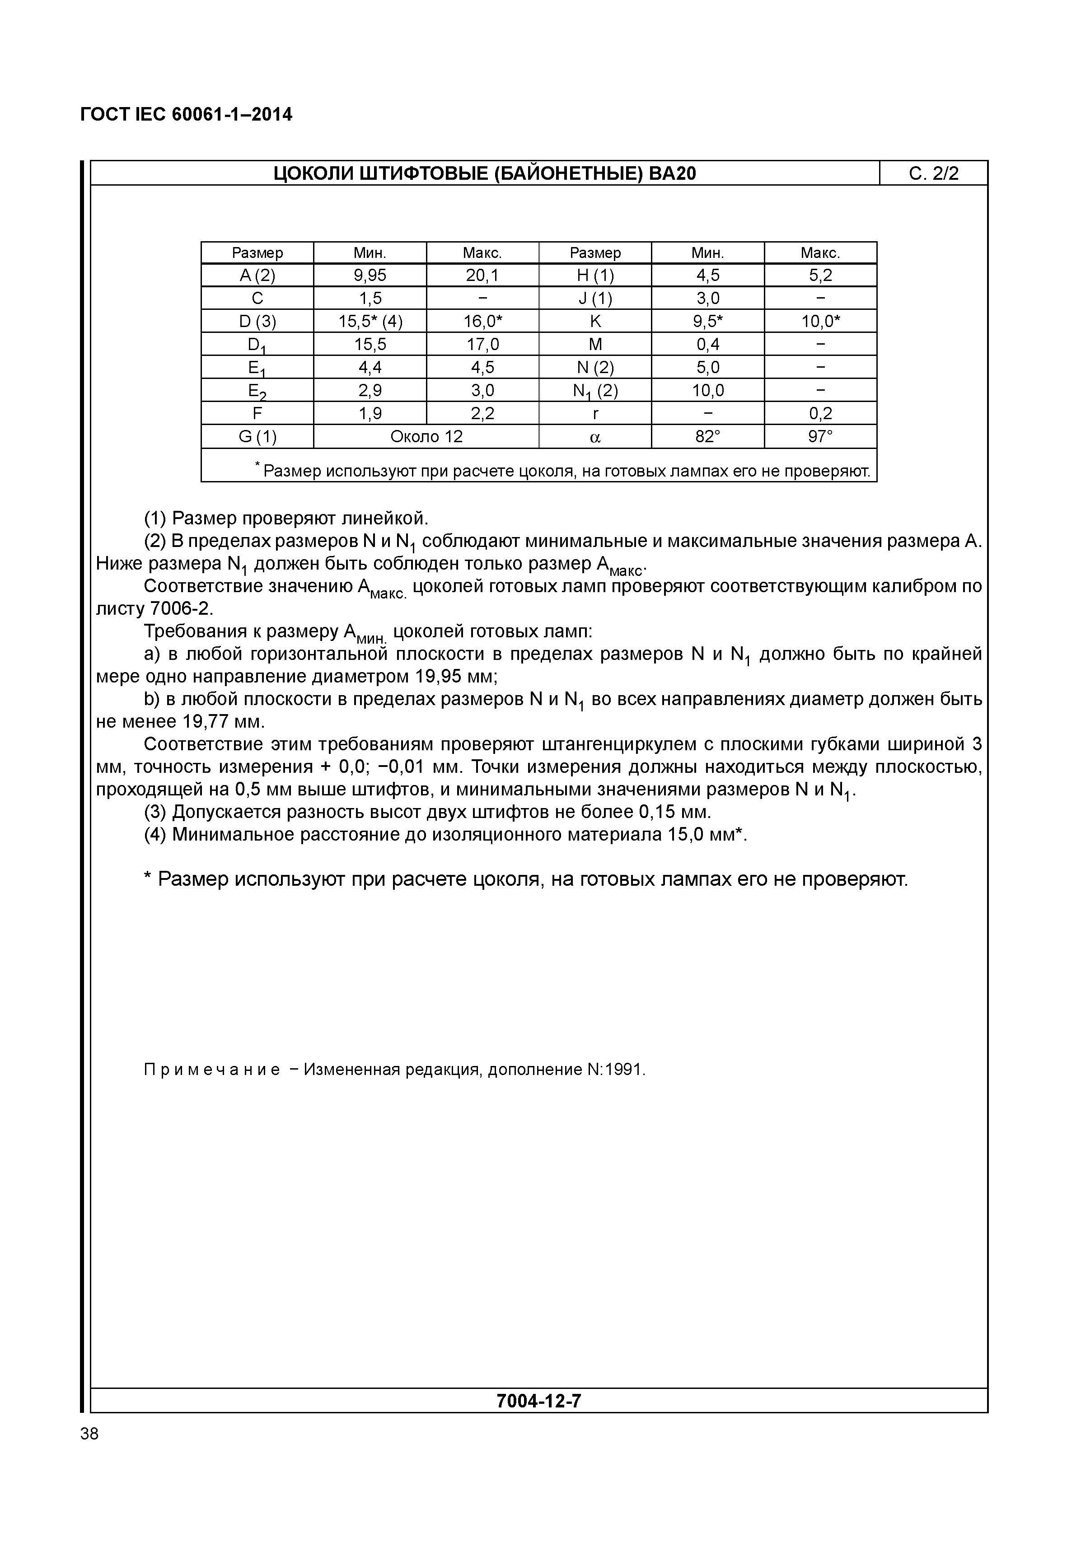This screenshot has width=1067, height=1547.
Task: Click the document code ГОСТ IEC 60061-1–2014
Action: (x=186, y=115)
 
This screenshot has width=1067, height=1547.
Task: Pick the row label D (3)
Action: (x=257, y=322)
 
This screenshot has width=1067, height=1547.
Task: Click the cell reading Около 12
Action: (x=426, y=437)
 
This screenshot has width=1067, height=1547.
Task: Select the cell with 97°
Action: (x=820, y=437)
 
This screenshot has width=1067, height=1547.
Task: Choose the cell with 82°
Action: (x=707, y=437)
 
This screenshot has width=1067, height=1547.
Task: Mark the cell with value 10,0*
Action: (x=820, y=322)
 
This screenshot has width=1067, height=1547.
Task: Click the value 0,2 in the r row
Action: (x=820, y=414)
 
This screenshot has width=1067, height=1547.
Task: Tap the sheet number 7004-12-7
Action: (x=539, y=1401)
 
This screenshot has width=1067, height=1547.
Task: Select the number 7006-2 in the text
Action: (x=180, y=609)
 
